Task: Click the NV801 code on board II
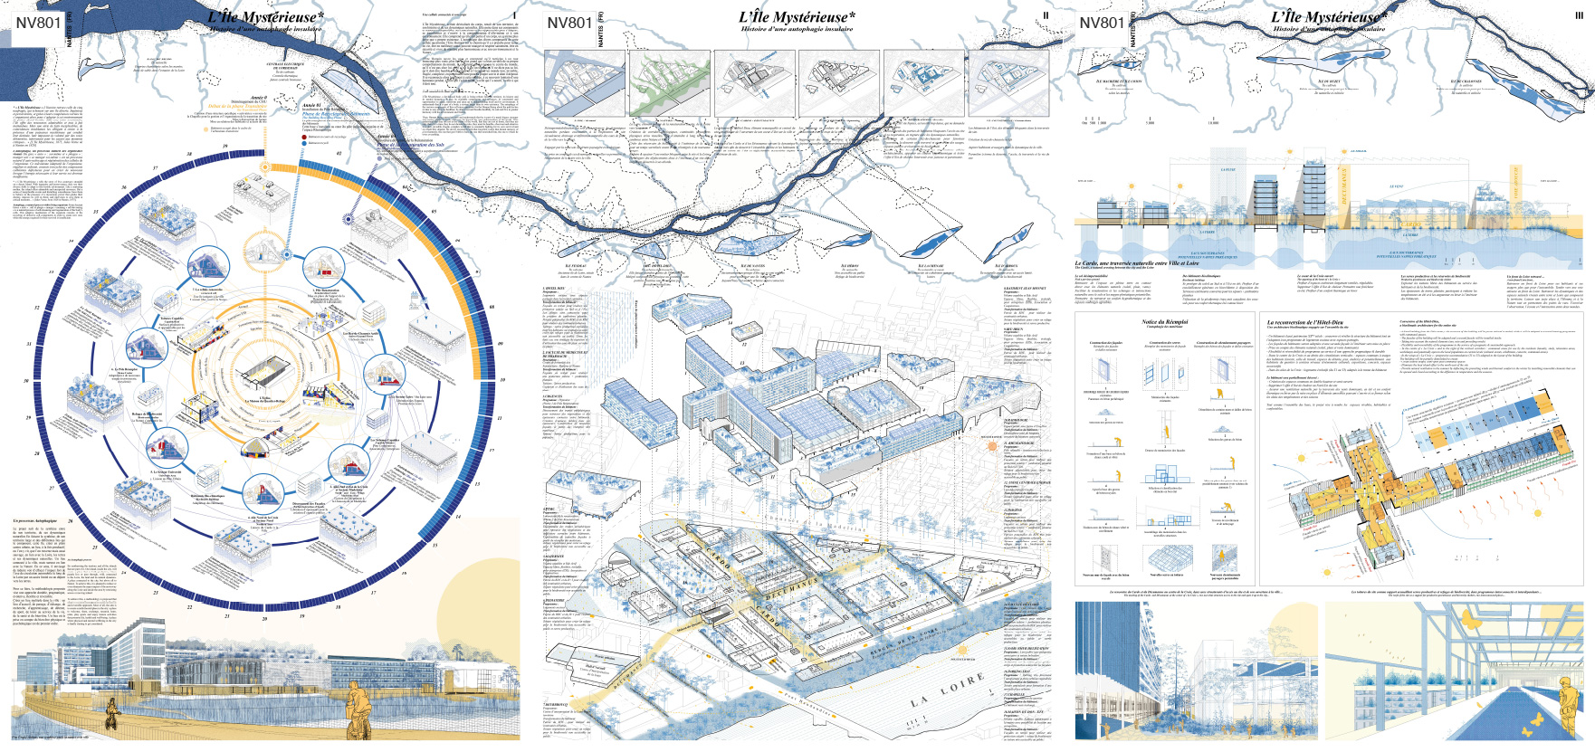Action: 569,23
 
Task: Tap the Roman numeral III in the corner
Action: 1580,15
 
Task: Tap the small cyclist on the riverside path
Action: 112,714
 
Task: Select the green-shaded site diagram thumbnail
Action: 667,84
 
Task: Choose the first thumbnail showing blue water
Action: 579,84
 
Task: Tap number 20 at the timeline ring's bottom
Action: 264,619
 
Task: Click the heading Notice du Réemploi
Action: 1164,322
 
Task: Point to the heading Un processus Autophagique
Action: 35,522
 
